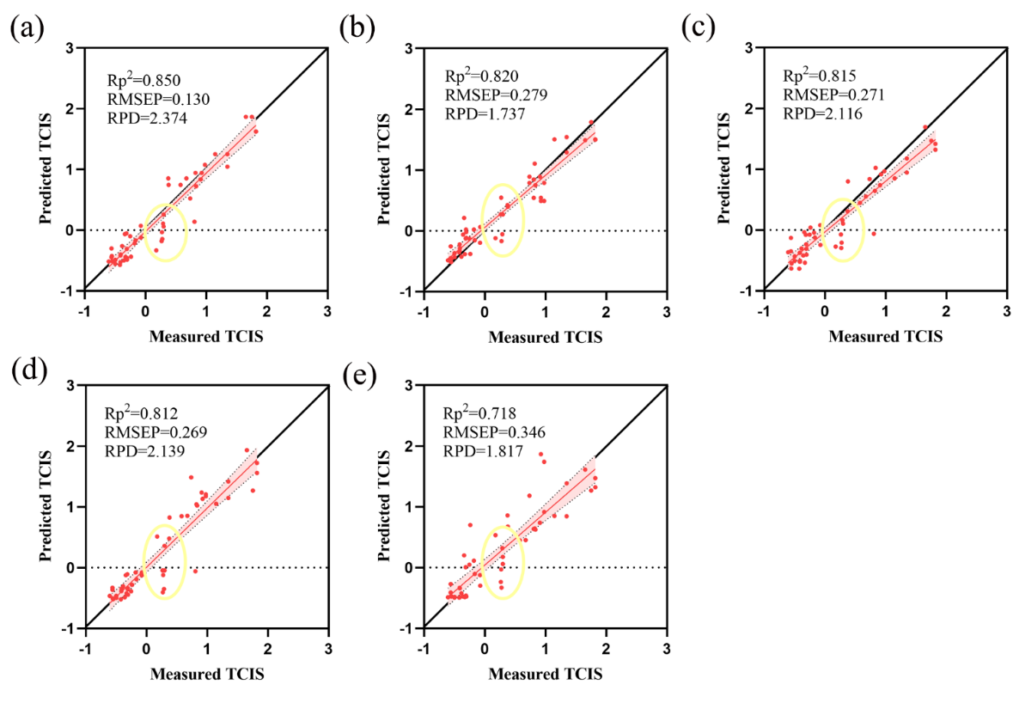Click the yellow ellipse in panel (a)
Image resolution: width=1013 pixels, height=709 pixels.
[x=165, y=232]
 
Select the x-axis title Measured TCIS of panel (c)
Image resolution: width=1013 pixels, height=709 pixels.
[x=885, y=337]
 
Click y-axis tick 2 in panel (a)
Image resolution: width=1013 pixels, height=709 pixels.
[x=73, y=109]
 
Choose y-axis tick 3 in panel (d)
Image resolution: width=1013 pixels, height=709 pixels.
[x=73, y=386]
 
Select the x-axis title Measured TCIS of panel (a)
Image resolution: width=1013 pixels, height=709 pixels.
[x=206, y=337]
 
